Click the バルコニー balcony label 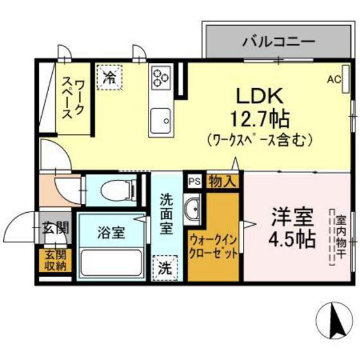pos(278,43)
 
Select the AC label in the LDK pos(333,80)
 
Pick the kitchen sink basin pos(159,119)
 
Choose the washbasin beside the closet pos(193,208)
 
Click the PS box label pos(194,181)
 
